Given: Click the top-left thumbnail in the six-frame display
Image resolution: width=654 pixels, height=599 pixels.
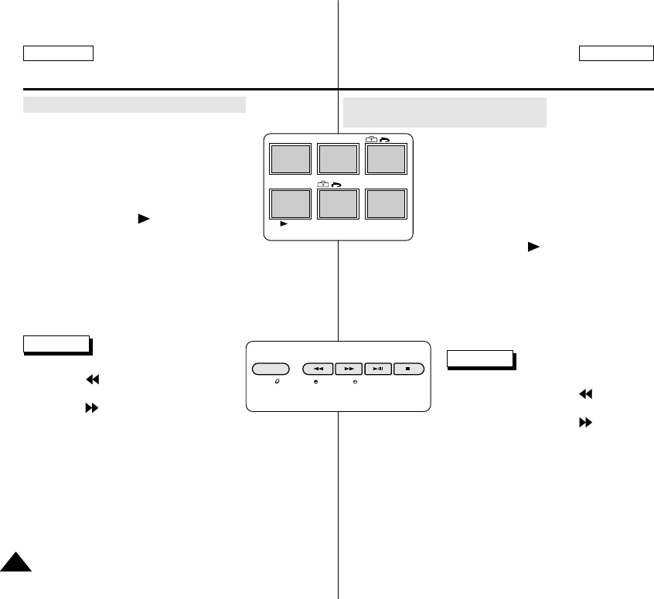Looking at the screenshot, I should pyautogui.click(x=290, y=158).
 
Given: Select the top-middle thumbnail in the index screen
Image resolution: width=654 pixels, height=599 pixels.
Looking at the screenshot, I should pyautogui.click(x=338, y=158).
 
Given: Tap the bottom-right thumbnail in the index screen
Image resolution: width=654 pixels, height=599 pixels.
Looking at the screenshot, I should pyautogui.click(x=386, y=203).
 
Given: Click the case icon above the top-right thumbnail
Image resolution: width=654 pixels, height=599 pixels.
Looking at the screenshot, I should pyautogui.click(x=371, y=139).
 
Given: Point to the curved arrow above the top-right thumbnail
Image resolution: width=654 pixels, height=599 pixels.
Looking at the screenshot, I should pyautogui.click(x=384, y=139).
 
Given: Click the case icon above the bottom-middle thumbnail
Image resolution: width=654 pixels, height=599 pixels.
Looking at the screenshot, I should pyautogui.click(x=323, y=185).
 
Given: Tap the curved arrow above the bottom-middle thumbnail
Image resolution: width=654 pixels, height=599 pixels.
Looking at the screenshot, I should pyautogui.click(x=337, y=185).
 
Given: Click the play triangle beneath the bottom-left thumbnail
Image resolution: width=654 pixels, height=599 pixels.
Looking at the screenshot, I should pyautogui.click(x=284, y=223).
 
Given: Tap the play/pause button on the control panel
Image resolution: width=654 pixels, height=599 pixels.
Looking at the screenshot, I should pyautogui.click(x=378, y=369).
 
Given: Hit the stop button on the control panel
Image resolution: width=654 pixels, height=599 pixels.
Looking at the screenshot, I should pyautogui.click(x=408, y=369).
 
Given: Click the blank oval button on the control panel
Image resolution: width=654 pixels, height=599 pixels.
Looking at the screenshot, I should pyautogui.click(x=271, y=369).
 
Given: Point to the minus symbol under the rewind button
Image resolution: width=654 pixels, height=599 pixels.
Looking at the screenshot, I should pyautogui.click(x=316, y=383).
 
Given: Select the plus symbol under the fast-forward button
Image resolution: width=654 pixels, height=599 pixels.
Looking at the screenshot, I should pyautogui.click(x=354, y=383).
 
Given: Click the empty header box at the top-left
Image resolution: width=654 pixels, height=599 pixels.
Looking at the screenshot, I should pyautogui.click(x=58, y=53).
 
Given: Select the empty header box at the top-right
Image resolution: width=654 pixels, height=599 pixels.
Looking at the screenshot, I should pyautogui.click(x=615, y=53).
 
